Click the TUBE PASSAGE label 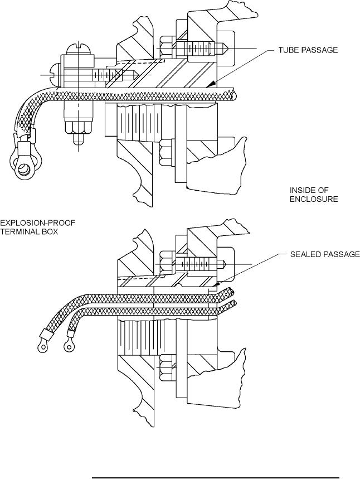click(x=308, y=50)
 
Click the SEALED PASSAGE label click(x=325, y=254)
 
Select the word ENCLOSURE click(x=314, y=199)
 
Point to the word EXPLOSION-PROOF click(x=37, y=222)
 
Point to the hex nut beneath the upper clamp click(x=79, y=128)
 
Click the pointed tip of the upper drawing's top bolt click(x=225, y=49)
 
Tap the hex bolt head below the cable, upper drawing click(x=167, y=152)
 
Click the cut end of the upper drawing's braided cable click(x=234, y=94)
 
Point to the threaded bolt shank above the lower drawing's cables click(x=196, y=263)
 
